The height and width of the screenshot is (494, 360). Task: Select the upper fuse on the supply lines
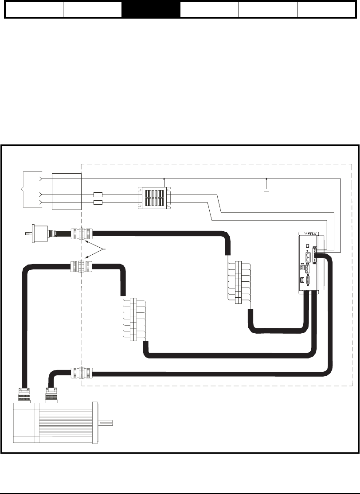[x=98, y=194]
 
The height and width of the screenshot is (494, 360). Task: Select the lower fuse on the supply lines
[x=98, y=202]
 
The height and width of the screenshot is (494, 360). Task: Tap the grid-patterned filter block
[x=154, y=198]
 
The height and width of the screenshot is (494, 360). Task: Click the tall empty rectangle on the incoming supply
[x=67, y=191]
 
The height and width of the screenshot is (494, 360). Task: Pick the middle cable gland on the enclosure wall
[x=82, y=268]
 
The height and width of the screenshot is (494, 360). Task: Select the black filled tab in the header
[x=151, y=9]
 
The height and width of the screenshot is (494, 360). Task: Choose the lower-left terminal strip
[x=133, y=320]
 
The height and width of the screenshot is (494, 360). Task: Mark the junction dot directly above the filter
[x=164, y=179]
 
